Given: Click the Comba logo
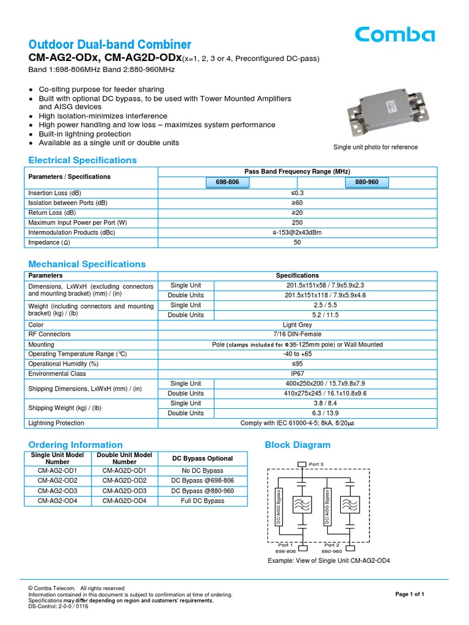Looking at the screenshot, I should tap(395, 34).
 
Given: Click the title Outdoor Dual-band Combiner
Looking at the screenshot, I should tap(110, 45).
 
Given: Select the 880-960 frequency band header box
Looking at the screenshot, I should tap(366, 182).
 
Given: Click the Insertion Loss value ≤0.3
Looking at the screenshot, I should tap(297, 193).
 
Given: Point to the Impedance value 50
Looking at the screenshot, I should tap(297, 242).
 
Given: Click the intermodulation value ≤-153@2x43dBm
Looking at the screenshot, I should tap(297, 233).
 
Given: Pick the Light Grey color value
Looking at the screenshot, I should tap(297, 325).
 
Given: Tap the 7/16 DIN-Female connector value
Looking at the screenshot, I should tap(297, 334).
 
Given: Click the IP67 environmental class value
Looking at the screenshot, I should tap(297, 374).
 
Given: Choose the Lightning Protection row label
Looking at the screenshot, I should tap(56, 423).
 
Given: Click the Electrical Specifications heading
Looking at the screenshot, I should tap(82, 161).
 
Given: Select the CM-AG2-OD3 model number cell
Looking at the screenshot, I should tap(57, 491).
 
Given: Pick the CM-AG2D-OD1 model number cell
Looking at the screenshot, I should tap(125, 471).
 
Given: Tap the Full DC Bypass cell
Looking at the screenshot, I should tap(202, 500).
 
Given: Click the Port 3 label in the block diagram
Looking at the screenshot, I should tap(316, 464).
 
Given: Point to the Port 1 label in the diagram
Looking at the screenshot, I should tap(286, 544).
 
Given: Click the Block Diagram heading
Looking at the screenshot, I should tap(297, 445).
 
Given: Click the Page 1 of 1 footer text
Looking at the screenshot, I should tap(410, 594).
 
